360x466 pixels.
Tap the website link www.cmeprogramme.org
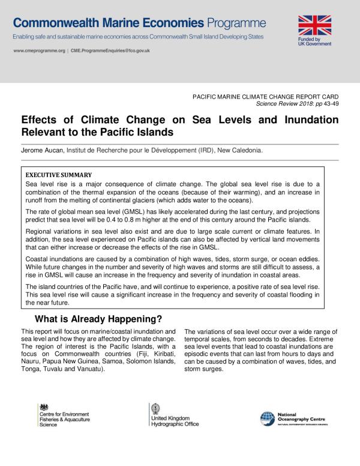tap(38, 51)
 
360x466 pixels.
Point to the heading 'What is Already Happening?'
tap(98, 318)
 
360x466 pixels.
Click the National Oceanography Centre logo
tap(294, 418)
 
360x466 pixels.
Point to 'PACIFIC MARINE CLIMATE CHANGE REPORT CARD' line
tap(265, 96)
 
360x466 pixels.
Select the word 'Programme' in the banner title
tap(236, 23)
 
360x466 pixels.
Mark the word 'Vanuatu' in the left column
tap(88, 369)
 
